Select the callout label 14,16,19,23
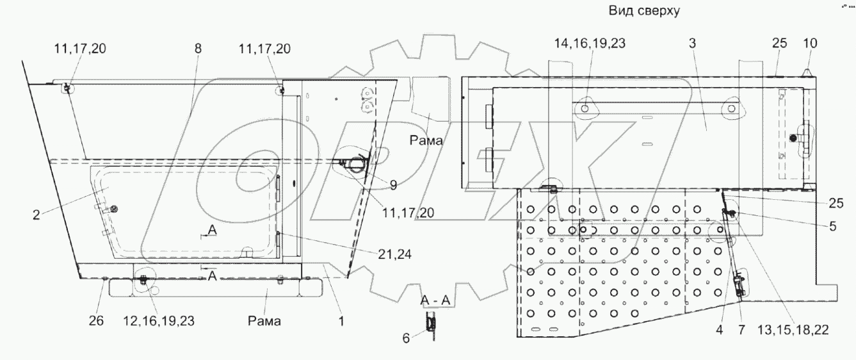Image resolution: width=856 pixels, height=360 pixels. click(590, 44)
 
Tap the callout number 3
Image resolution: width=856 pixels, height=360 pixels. click(693, 44)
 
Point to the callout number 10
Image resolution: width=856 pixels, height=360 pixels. click(810, 44)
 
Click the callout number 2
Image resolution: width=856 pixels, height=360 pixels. click(36, 215)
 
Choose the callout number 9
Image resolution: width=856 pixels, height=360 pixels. click(392, 185)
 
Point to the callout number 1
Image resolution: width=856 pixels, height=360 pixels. click(341, 321)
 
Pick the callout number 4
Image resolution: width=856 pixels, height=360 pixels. click(719, 331)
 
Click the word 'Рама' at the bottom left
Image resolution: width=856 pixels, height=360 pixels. click(264, 321)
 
